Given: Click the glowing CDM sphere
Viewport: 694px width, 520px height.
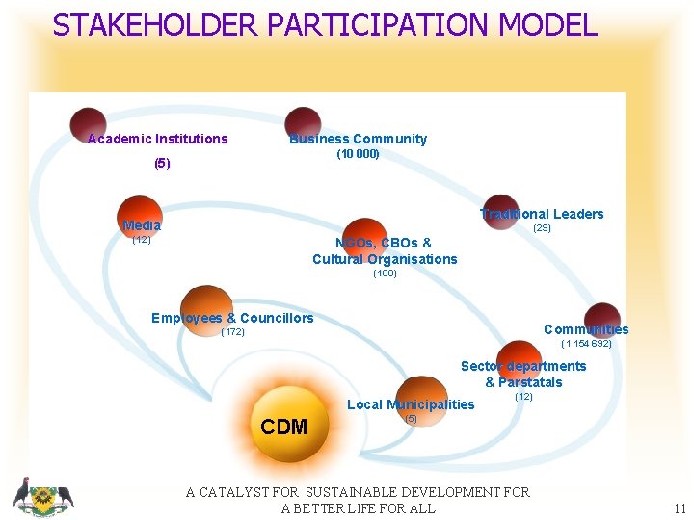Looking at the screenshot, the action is point(284,424).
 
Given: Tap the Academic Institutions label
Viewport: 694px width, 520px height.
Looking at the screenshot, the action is point(157,139).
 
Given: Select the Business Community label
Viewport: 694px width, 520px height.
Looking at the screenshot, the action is point(358,139).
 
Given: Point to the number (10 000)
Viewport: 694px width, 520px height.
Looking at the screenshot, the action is point(358,154).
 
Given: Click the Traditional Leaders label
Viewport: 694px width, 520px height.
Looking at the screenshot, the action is point(543,214).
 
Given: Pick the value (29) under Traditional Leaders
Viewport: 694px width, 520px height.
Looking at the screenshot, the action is point(542,228).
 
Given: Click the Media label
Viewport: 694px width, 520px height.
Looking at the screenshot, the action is point(142,225).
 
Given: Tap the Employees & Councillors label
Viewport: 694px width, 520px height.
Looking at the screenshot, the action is point(232,318).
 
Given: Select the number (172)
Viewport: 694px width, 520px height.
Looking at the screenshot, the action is point(232,332).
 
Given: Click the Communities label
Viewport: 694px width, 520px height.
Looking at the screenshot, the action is point(586,329).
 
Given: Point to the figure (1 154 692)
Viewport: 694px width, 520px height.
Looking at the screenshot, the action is point(586,343).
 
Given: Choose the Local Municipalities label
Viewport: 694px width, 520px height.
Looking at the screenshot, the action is point(411,404).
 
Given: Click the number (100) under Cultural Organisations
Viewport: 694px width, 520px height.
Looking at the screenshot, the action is point(385,273).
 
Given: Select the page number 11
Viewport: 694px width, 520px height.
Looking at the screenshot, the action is point(680,508).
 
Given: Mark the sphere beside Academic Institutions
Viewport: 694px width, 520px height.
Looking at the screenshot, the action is point(88,123).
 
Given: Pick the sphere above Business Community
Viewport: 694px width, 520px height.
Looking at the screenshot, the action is point(303,122).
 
